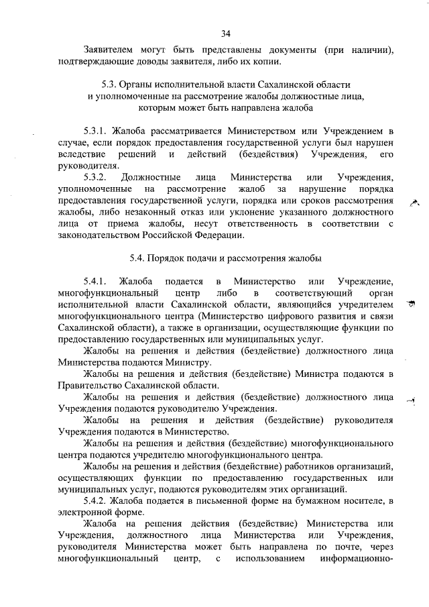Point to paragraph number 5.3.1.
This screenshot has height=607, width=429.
(x=95, y=130)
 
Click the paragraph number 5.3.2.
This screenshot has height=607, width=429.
(x=95, y=177)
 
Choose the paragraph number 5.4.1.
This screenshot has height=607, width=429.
(x=95, y=281)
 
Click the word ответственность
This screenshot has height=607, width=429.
(x=269, y=223)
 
